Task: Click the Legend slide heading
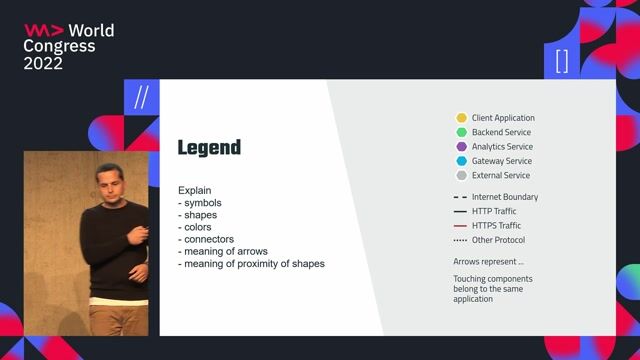coord(209,148)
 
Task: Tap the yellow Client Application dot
coord(461,118)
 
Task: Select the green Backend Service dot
coord(461,132)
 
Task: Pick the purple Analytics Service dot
coord(461,147)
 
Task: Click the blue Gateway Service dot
coord(461,161)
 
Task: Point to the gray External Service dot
coord(461,175)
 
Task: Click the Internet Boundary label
coord(504,197)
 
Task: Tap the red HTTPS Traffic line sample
coord(460,226)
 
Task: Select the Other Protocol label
coord(498,240)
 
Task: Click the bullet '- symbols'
coord(202,202)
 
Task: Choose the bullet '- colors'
coord(197,227)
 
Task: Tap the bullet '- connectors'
coord(206,239)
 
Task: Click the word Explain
coord(195,190)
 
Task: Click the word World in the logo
coord(91,31)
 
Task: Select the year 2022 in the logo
coord(43,63)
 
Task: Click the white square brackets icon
coord(562,61)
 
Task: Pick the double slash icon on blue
coord(141,97)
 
